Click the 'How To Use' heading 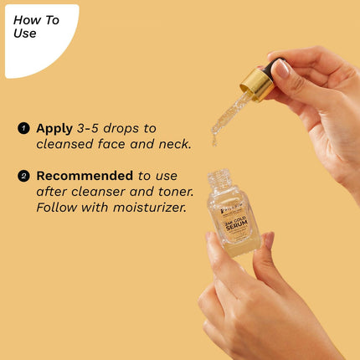coord(37,27)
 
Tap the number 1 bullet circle coord(23,129)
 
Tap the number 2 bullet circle coord(23,177)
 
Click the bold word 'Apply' coord(54,128)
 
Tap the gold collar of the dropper coord(255,84)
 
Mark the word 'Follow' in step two coord(57,207)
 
